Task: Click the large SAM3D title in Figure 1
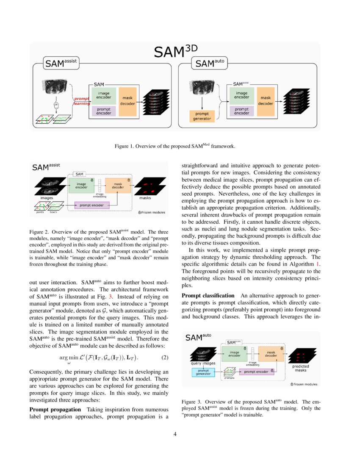(175, 52)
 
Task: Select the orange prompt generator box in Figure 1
(202, 116)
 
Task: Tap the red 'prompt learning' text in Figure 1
(80, 101)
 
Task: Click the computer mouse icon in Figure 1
(55, 105)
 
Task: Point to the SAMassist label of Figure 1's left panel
(60, 64)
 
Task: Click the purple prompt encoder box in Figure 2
(92, 205)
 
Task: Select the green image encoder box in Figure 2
(81, 185)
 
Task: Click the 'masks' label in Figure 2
(145, 198)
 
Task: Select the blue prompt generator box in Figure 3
(203, 372)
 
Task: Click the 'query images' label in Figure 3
(202, 363)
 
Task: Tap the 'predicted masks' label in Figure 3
(301, 368)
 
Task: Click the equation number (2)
(165, 357)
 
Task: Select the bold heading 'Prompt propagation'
(55, 409)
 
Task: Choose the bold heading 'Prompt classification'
(208, 295)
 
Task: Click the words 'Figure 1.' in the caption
(124, 146)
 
